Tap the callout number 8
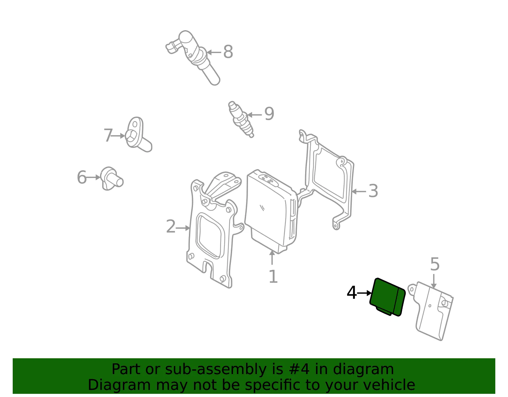(228, 52)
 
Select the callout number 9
(269, 114)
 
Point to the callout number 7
(108, 135)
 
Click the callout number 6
(82, 177)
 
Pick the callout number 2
(171, 226)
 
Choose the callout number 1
(273, 277)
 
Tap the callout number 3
(373, 191)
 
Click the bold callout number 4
(352, 293)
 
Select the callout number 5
(435, 264)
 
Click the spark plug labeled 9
(241, 119)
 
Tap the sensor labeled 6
(112, 179)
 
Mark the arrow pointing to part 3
(358, 192)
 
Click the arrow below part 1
(272, 257)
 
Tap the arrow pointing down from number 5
(434, 281)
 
